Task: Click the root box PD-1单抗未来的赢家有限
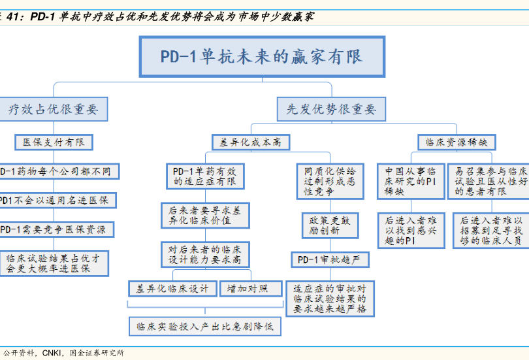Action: pyautogui.click(x=261, y=56)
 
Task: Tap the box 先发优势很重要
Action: pyautogui.click(x=331, y=109)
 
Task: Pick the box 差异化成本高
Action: pyautogui.click(x=251, y=141)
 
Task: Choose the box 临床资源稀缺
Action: pyautogui.click(x=457, y=141)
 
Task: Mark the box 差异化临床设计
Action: pyautogui.click(x=172, y=289)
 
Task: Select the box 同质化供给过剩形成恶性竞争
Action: pyautogui.click(x=330, y=181)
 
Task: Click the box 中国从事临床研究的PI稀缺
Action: pyautogui.click(x=410, y=181)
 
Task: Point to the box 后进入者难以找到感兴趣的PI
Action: pyautogui.click(x=410, y=231)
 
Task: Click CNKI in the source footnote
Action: pyautogui.click(x=52, y=353)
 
